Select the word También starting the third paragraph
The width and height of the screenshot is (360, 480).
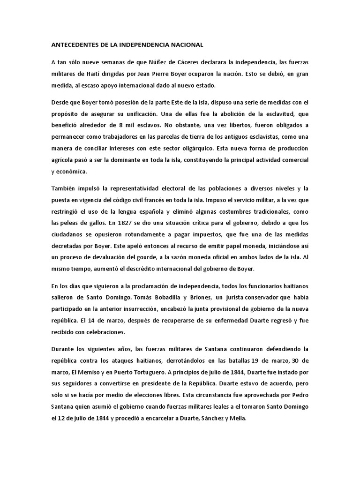[x=64, y=189]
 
